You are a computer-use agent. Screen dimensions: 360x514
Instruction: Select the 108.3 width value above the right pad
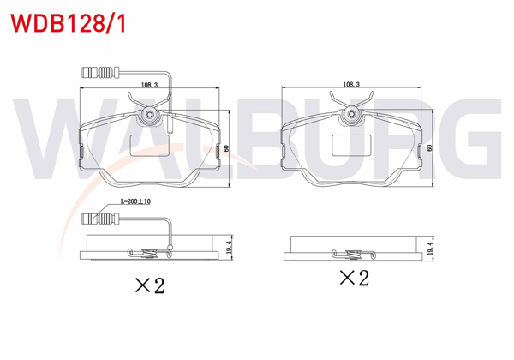[350, 85]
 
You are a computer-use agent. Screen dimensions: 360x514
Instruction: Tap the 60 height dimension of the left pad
[228, 147]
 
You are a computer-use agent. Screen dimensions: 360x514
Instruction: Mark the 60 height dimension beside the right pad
[428, 147]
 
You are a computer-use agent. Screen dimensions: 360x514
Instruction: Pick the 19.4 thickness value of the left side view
[228, 245]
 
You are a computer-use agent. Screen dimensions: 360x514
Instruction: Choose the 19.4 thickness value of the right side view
[428, 245]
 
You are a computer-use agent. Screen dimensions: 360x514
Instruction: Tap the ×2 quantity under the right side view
[354, 278]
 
